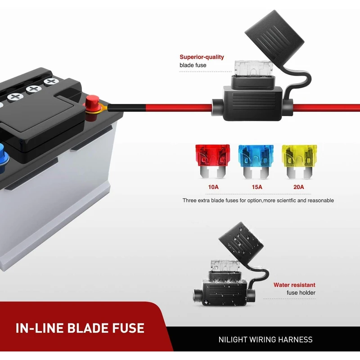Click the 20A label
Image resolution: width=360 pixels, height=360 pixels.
coord(298,187)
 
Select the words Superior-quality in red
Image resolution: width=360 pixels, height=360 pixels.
coord(202,57)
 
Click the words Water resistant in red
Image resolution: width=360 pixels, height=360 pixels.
coord(294,285)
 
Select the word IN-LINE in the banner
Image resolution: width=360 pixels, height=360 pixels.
coord(40,328)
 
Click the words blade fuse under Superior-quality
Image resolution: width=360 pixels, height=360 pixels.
coord(193,65)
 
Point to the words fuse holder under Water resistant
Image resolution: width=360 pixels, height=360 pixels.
coord(301,293)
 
